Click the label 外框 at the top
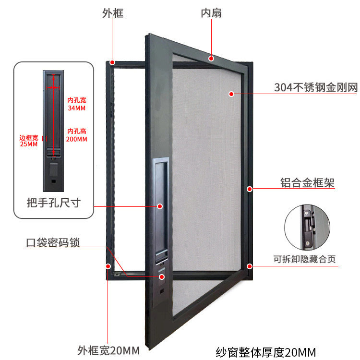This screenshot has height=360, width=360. click(113, 13)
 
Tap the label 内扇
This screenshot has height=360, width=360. click(211, 13)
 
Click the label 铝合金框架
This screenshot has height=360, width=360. click(307, 183)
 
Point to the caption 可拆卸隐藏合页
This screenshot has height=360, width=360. click(305, 260)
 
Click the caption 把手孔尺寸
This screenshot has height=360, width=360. click(53, 203)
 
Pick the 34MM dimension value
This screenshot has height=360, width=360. click(77, 108)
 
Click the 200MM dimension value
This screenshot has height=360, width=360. click(77, 139)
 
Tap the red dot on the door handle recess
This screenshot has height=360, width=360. click(159, 206)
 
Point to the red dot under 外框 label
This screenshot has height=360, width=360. click(112, 62)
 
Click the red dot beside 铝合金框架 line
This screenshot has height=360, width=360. click(249, 189)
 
